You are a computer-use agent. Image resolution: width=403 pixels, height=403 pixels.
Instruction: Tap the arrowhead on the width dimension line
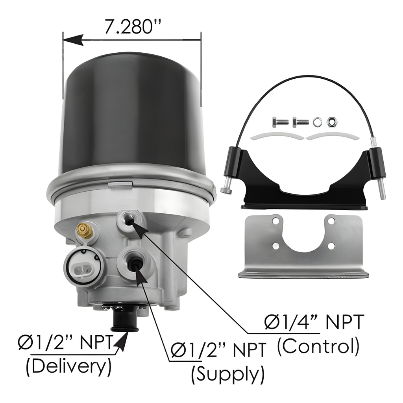pyautogui.click(x=73, y=40)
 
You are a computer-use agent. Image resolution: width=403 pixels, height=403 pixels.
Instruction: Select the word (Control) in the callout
pyautogui.click(x=318, y=347)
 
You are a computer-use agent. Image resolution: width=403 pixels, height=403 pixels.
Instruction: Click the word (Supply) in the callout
pyautogui.click(x=227, y=375)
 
